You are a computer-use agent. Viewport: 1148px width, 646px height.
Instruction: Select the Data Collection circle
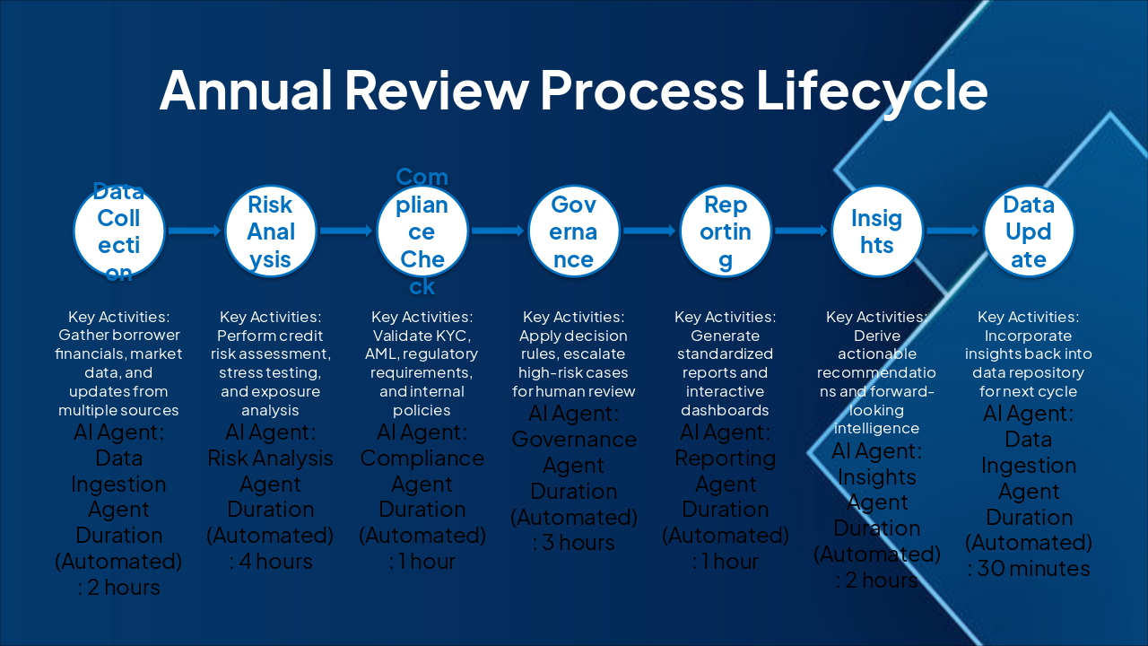119,231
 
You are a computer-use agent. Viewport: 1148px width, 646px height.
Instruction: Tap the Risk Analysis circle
271,231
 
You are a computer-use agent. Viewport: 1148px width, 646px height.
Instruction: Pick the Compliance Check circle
422,231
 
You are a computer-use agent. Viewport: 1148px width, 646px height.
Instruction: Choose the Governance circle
574,231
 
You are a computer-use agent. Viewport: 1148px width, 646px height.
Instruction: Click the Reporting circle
726,231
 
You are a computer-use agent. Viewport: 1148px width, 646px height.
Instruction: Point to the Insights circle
877,231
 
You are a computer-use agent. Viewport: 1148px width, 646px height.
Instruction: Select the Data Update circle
1029,231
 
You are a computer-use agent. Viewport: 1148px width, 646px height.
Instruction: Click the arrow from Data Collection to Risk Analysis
195,231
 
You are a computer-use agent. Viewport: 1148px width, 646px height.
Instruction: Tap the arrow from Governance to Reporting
649,231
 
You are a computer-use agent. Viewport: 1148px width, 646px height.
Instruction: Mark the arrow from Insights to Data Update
952,231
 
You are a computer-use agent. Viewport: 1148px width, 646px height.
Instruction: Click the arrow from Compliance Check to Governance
498,231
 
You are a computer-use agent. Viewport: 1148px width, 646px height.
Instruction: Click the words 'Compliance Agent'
422,471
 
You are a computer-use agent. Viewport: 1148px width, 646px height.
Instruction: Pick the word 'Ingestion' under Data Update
1029,466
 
